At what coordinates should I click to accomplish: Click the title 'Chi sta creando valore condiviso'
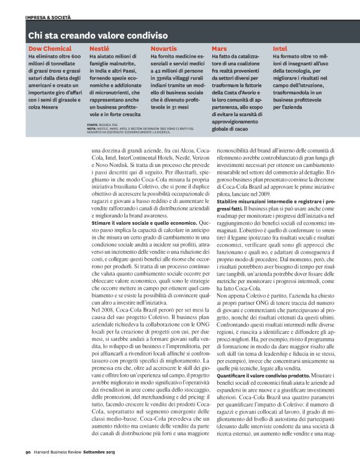click(x=93, y=35)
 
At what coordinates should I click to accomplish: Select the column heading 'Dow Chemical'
click(x=49, y=48)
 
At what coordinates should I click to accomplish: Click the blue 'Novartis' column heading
click(x=163, y=48)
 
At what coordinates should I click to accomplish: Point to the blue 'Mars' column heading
click(x=218, y=48)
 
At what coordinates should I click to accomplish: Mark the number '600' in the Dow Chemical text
click(x=75, y=56)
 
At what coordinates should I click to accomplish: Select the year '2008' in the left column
click(x=111, y=308)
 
